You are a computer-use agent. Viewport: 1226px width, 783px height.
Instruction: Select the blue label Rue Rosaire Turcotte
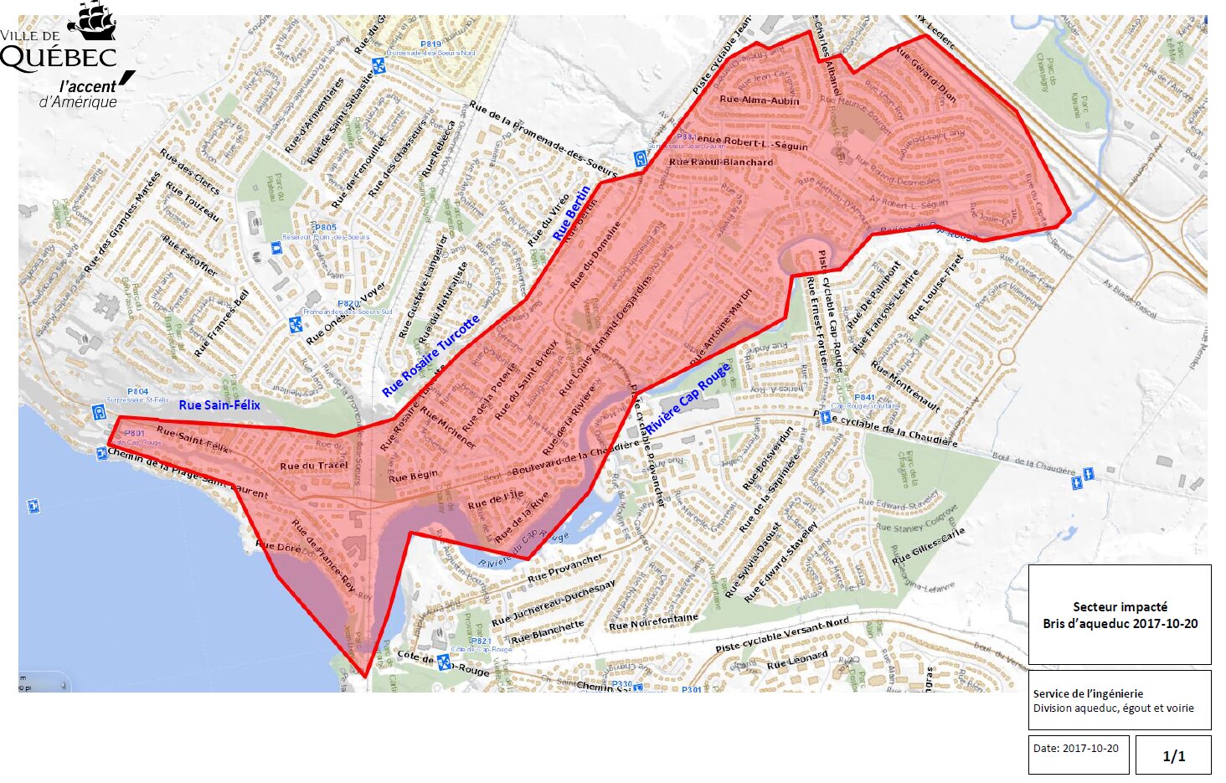click(x=431, y=355)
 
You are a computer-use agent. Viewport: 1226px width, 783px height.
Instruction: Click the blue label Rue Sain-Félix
click(x=219, y=405)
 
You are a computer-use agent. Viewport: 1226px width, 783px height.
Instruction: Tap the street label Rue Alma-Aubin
click(x=760, y=100)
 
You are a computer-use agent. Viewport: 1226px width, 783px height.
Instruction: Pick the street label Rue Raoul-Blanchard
click(x=721, y=162)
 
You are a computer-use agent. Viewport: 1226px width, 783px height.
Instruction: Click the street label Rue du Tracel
click(x=314, y=466)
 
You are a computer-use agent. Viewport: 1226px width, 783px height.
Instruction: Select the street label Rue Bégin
click(x=413, y=476)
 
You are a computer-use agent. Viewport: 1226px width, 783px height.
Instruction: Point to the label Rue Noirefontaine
click(x=653, y=622)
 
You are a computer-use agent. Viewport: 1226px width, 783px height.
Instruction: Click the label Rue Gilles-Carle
click(x=928, y=546)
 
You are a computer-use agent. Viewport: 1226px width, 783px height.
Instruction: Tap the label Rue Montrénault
click(x=904, y=385)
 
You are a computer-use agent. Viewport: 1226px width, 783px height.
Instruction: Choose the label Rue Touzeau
click(x=192, y=202)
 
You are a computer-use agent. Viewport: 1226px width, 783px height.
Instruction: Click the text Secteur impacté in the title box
click(x=1120, y=606)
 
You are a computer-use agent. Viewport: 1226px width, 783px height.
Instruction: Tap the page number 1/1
click(x=1173, y=756)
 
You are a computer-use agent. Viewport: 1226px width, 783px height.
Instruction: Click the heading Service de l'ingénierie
click(x=1088, y=693)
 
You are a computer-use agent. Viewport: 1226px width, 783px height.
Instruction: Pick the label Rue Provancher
click(x=564, y=569)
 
